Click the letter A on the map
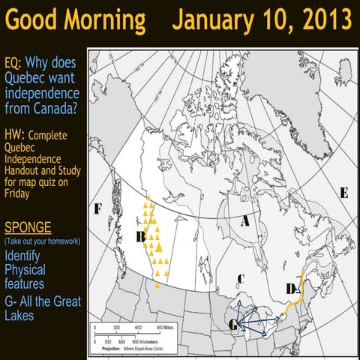[x=244, y=222]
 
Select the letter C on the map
[x=240, y=279]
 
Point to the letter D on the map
[x=291, y=288]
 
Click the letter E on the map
[x=344, y=193]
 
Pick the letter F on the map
[x=97, y=208]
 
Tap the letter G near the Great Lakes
[x=234, y=324]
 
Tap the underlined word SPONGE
[x=28, y=227]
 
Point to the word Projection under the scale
[x=107, y=348]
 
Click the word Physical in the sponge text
[x=25, y=269]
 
